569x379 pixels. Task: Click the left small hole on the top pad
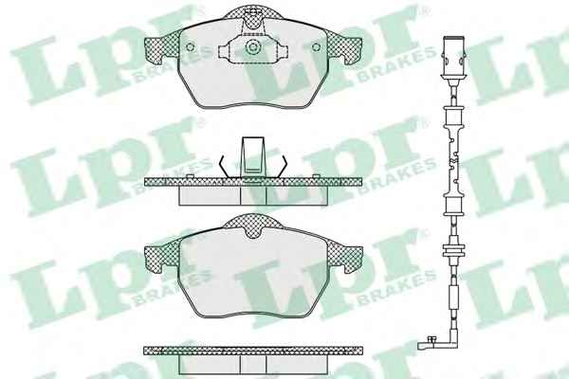point(191,47)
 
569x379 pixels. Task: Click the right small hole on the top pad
point(316,47)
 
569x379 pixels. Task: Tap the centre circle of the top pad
point(252,47)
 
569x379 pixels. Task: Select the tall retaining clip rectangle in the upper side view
point(253,157)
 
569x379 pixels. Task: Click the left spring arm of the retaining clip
point(224,167)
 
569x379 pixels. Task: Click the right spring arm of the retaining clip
point(282,167)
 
